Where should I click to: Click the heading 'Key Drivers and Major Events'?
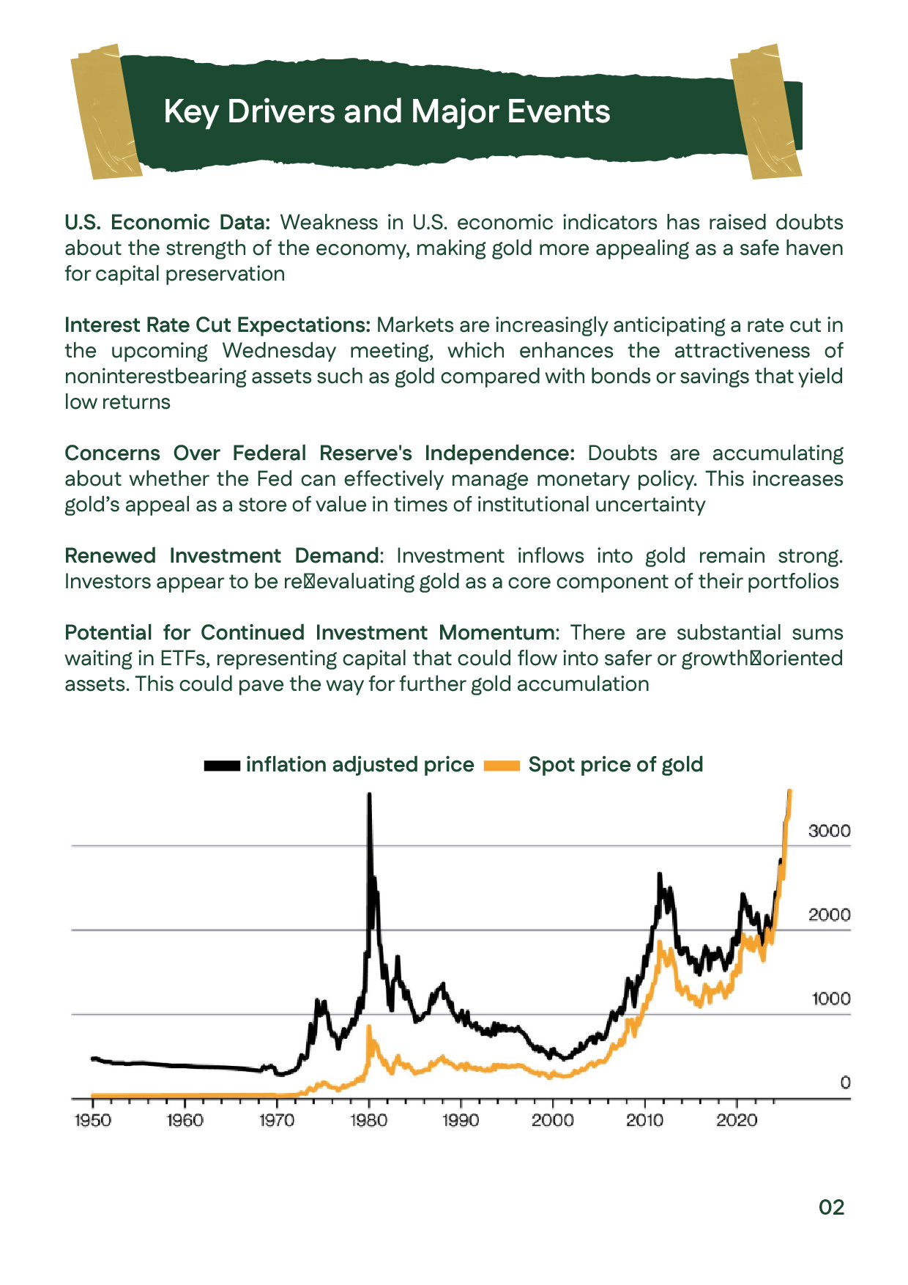387,112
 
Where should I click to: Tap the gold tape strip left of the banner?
105,111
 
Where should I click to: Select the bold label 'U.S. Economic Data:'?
168,223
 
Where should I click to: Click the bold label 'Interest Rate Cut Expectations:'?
217,325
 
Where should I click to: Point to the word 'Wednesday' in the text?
279,351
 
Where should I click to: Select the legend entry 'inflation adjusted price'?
360,765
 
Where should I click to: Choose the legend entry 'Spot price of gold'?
615,765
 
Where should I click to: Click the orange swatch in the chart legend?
502,766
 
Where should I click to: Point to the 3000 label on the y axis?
829,831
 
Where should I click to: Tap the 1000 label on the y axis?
830,999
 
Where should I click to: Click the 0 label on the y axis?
845,1083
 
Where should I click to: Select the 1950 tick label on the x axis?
93,1120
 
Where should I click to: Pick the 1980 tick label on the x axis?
369,1120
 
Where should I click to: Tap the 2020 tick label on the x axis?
737,1120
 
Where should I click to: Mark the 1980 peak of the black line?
369,796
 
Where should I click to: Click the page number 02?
831,1207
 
